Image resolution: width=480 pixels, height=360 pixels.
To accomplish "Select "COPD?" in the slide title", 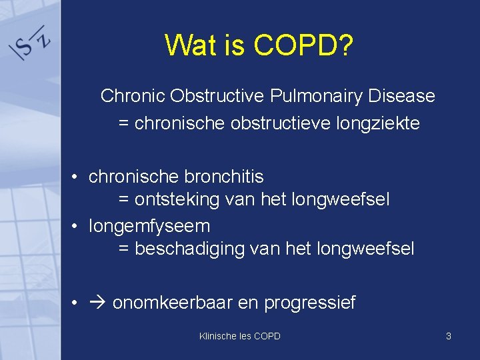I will click(304, 45).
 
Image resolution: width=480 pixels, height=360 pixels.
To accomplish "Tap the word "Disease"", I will click(402, 96).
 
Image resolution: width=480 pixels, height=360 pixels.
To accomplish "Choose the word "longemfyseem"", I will click(149, 226).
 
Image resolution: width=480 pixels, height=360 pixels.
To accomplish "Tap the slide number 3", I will click(449, 336).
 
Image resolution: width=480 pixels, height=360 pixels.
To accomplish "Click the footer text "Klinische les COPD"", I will click(240, 336).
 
